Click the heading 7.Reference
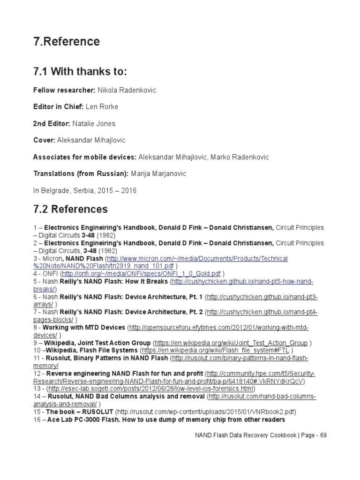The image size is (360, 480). point(66,42)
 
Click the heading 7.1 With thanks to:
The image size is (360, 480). point(80,72)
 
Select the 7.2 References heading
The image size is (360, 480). point(70,209)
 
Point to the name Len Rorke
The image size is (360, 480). point(102,107)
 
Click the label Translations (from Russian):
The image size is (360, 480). point(81,174)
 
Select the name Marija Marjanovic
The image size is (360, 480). point(152,174)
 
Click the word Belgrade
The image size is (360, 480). point(56,191)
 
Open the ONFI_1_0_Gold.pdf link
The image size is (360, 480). point(141,274)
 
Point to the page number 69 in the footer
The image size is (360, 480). point(322,435)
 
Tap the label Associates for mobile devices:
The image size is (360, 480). point(84,157)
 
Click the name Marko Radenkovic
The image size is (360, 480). point(237,157)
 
